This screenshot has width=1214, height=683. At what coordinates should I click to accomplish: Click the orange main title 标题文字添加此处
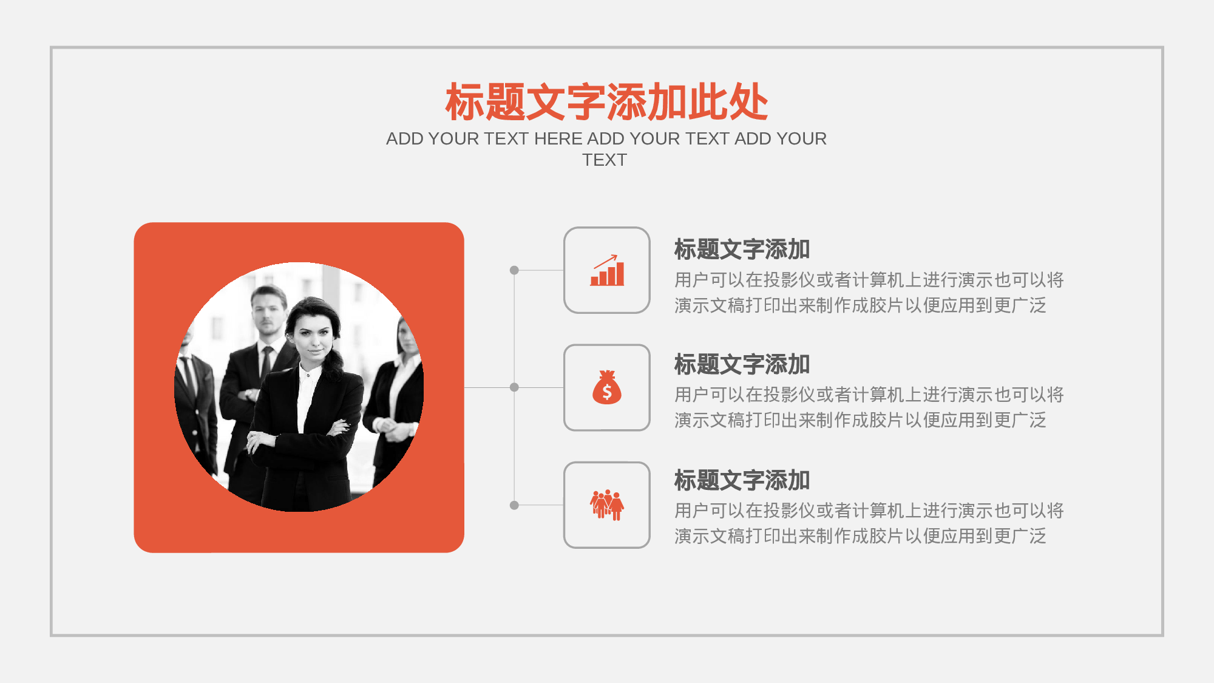coord(607,102)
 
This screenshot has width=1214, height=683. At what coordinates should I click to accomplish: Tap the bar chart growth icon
coord(607,270)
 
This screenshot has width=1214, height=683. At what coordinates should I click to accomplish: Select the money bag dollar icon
coord(607,387)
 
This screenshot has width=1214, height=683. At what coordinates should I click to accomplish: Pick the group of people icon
coord(607,505)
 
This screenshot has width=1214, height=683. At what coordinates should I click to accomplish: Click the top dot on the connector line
coord(514,270)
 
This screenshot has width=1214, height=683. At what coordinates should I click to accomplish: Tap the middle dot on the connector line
coord(514,387)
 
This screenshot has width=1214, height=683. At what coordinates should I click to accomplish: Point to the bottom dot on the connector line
coord(514,505)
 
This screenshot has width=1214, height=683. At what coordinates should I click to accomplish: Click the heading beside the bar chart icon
coord(742,250)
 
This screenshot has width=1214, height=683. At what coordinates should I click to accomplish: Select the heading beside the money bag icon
coord(742,365)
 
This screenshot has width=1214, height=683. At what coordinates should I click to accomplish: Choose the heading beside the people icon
coord(742,481)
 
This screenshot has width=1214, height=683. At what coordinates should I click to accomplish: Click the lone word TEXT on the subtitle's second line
coord(605,160)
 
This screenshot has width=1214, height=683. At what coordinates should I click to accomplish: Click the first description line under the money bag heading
coord(869,395)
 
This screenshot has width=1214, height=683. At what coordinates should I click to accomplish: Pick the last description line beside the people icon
coord(860,536)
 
